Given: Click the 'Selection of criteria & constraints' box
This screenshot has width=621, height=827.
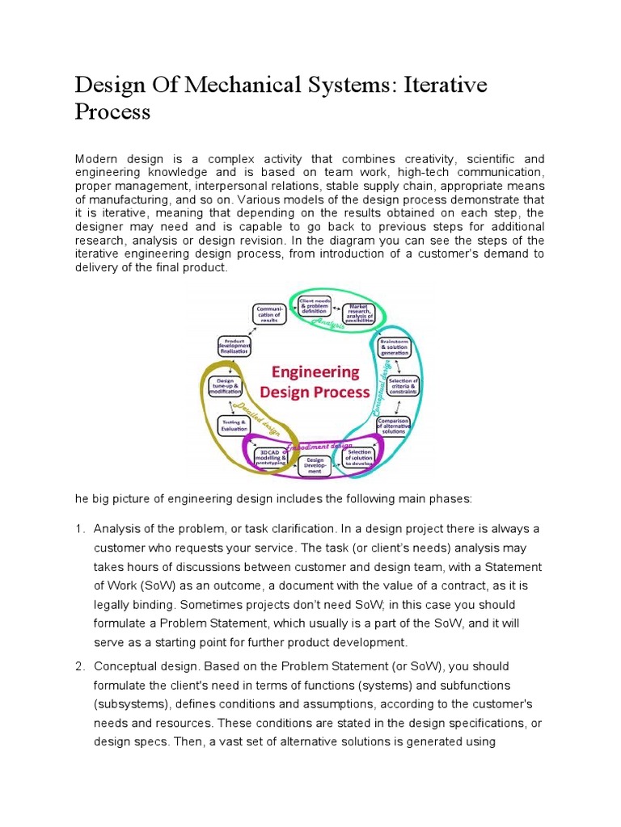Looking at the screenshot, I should [403, 385].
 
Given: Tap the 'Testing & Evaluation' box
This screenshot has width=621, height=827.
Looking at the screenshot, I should [234, 424].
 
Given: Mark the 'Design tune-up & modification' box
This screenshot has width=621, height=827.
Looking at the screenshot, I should [226, 386].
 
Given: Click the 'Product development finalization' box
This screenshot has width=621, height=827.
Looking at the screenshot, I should [233, 346].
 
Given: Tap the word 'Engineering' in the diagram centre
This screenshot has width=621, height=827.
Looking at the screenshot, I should [315, 373].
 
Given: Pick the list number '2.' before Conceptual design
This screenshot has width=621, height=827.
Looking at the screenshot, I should [80, 666].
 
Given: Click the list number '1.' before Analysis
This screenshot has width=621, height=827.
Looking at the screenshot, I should [80, 528].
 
